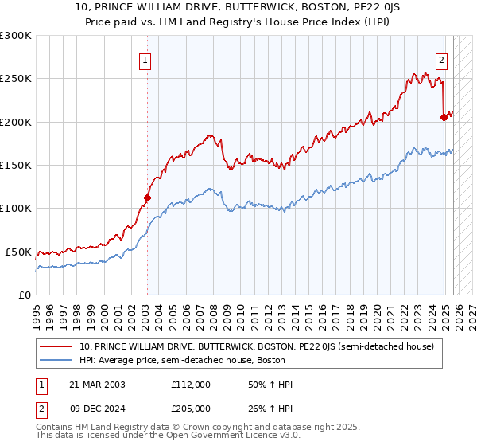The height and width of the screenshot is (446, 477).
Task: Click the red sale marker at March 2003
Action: coord(147,198)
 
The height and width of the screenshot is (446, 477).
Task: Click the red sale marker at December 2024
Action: coord(444,118)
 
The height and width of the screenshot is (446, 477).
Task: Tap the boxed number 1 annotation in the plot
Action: coord(146,58)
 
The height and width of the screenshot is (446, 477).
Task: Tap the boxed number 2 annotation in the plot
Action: coord(441,58)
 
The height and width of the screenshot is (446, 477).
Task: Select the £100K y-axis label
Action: coord(16,208)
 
